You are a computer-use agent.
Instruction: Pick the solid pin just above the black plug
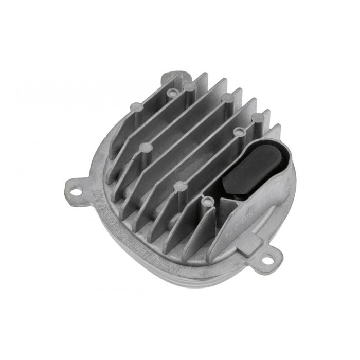tap(258, 118)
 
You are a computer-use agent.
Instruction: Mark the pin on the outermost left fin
tap(136, 107)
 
